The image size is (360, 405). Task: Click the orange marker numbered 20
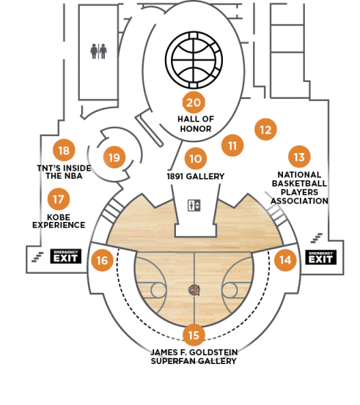click(194, 103)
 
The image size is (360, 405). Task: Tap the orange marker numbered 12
click(265, 130)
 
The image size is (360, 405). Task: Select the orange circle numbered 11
click(232, 146)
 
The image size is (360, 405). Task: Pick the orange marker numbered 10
click(196, 158)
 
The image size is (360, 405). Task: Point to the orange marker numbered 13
click(299, 157)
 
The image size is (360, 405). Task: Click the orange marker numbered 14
click(285, 260)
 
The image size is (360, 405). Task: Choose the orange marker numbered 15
click(194, 335)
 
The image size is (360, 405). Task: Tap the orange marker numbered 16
click(102, 260)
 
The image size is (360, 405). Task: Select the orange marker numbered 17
click(59, 199)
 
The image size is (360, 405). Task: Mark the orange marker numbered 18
click(64, 150)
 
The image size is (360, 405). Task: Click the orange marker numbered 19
click(114, 157)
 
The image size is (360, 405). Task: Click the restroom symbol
click(98, 51)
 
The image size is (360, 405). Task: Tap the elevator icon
click(194, 205)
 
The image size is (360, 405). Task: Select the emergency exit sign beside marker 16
click(66, 256)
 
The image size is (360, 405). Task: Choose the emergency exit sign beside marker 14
click(321, 257)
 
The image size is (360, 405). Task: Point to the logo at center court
click(194, 290)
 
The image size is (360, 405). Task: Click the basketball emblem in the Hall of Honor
click(194, 60)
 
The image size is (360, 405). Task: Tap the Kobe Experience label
click(59, 221)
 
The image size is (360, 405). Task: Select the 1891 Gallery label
click(196, 177)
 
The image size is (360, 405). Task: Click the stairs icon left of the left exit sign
click(37, 257)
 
